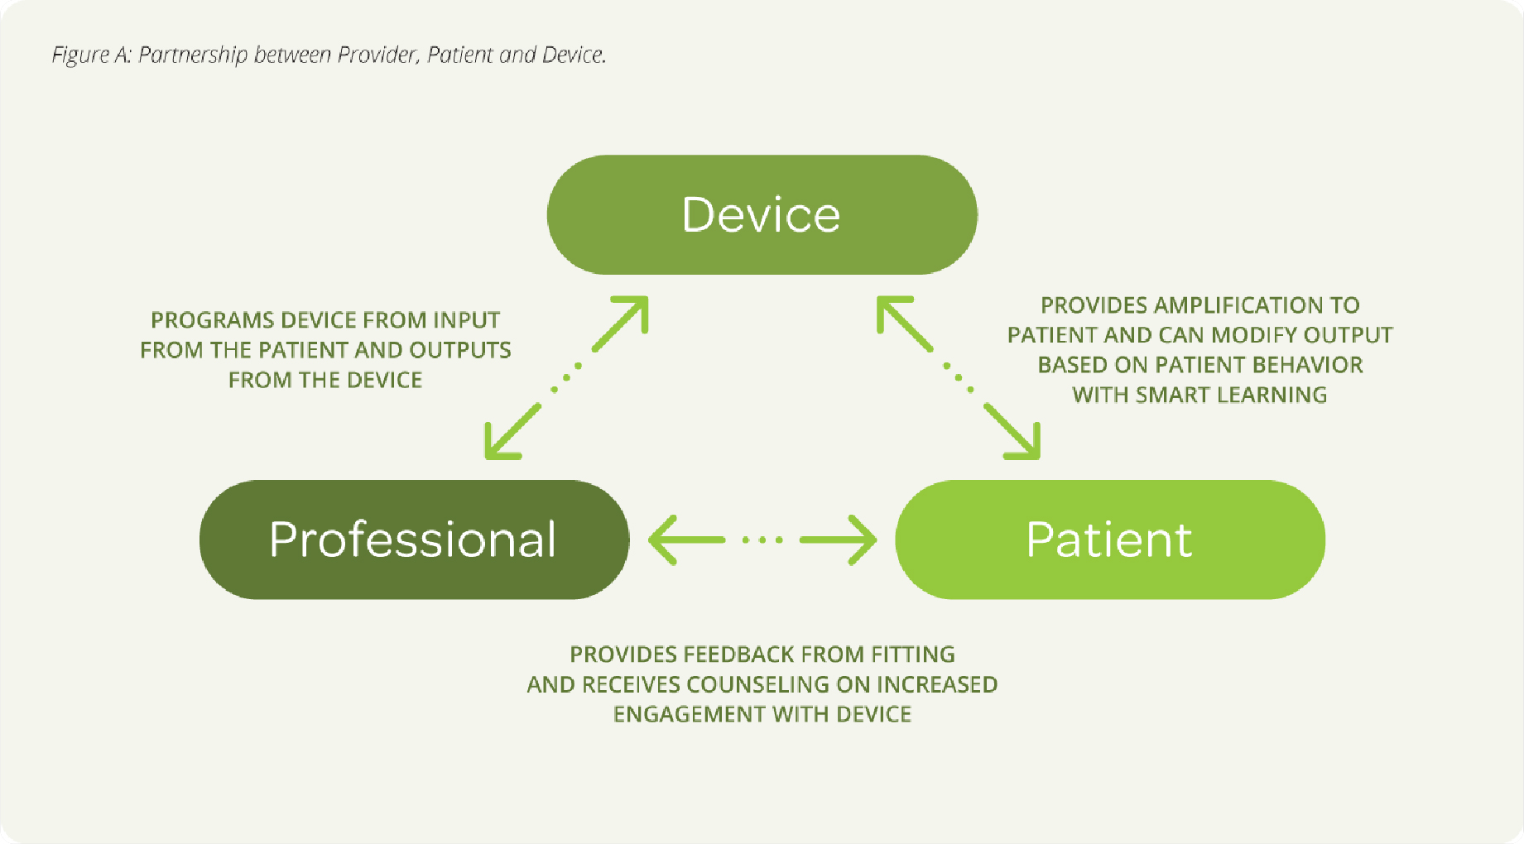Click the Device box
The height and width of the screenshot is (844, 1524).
coord(762,214)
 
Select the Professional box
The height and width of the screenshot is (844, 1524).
coord(414,539)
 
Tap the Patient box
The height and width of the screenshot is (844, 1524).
coord(1110,539)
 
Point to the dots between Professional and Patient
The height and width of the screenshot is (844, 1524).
coord(762,540)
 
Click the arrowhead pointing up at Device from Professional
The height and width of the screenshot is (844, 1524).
coord(630,314)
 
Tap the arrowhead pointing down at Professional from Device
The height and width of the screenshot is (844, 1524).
coord(502,441)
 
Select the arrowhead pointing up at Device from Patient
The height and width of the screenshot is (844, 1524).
coord(895,314)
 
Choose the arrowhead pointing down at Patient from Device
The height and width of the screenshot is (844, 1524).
coord(1022,441)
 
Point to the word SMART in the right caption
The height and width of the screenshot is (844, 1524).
coord(1171,395)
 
